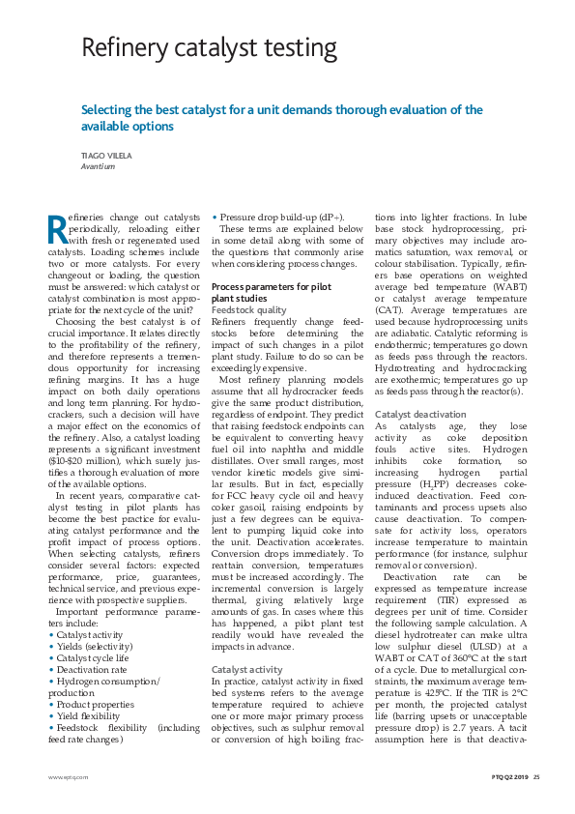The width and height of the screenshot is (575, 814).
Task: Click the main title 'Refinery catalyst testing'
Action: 209,48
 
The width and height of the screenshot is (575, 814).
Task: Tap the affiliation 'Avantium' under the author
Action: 99,166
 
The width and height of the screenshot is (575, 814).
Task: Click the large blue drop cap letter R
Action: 58,228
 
